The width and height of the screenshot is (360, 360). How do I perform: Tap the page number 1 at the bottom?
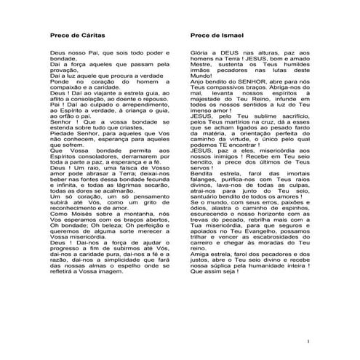(308, 340)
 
